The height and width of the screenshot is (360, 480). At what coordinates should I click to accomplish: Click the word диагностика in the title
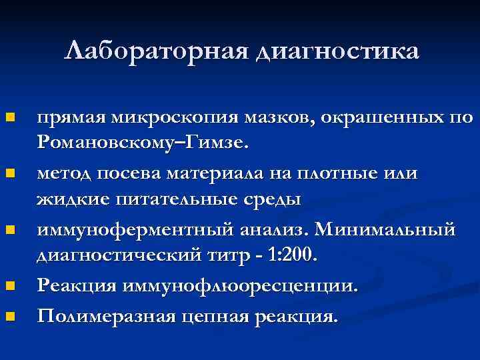337,51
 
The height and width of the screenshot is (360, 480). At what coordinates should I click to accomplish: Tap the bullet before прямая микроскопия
10,119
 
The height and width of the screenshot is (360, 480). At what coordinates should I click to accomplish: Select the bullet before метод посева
10,175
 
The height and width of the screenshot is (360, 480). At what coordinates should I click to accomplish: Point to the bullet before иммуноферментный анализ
10,231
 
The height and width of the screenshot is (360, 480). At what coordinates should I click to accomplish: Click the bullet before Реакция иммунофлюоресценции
10,287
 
